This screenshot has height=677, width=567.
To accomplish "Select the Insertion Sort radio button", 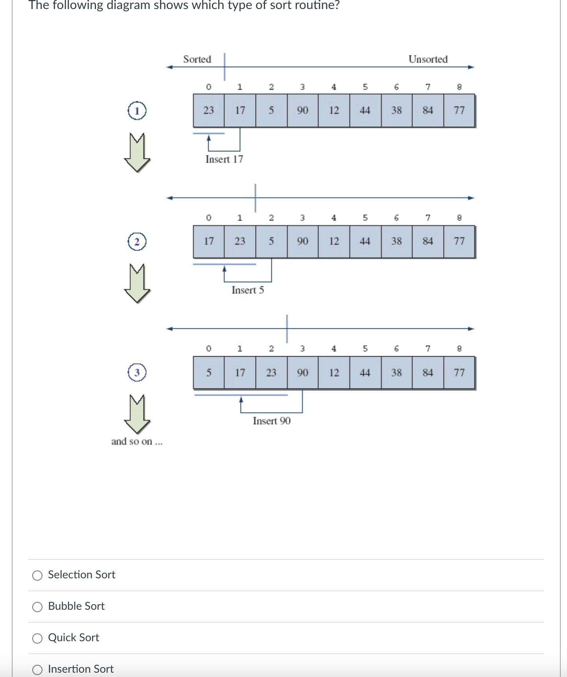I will (37, 670).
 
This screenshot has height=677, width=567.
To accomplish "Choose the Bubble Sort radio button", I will (37, 607).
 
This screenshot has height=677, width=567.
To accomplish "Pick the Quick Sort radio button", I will (37, 638).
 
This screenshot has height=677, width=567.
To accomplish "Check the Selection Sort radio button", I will (37, 575).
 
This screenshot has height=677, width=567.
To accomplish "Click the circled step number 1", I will (137, 110).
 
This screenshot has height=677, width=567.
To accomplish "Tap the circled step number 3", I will (137, 372).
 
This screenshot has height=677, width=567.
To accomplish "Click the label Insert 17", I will (224, 159).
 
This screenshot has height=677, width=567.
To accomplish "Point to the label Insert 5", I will (248, 290).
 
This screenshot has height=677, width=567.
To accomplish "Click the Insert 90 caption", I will (272, 421).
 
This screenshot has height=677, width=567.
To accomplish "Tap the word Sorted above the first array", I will (197, 59).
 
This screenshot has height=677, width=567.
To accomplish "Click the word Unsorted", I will (428, 59).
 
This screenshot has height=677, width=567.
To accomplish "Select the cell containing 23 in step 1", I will (208, 110).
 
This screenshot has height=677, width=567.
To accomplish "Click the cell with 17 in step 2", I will (208, 241).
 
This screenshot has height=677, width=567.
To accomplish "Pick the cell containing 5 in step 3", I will (208, 372).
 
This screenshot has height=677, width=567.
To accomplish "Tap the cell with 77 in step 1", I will (459, 110).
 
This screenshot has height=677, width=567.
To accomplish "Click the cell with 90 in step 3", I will (302, 372).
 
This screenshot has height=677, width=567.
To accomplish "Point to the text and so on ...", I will (136, 442).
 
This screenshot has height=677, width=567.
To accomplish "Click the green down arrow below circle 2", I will (137, 284).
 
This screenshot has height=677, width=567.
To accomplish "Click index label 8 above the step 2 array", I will (459, 218).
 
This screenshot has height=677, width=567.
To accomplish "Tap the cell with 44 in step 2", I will (365, 241).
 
